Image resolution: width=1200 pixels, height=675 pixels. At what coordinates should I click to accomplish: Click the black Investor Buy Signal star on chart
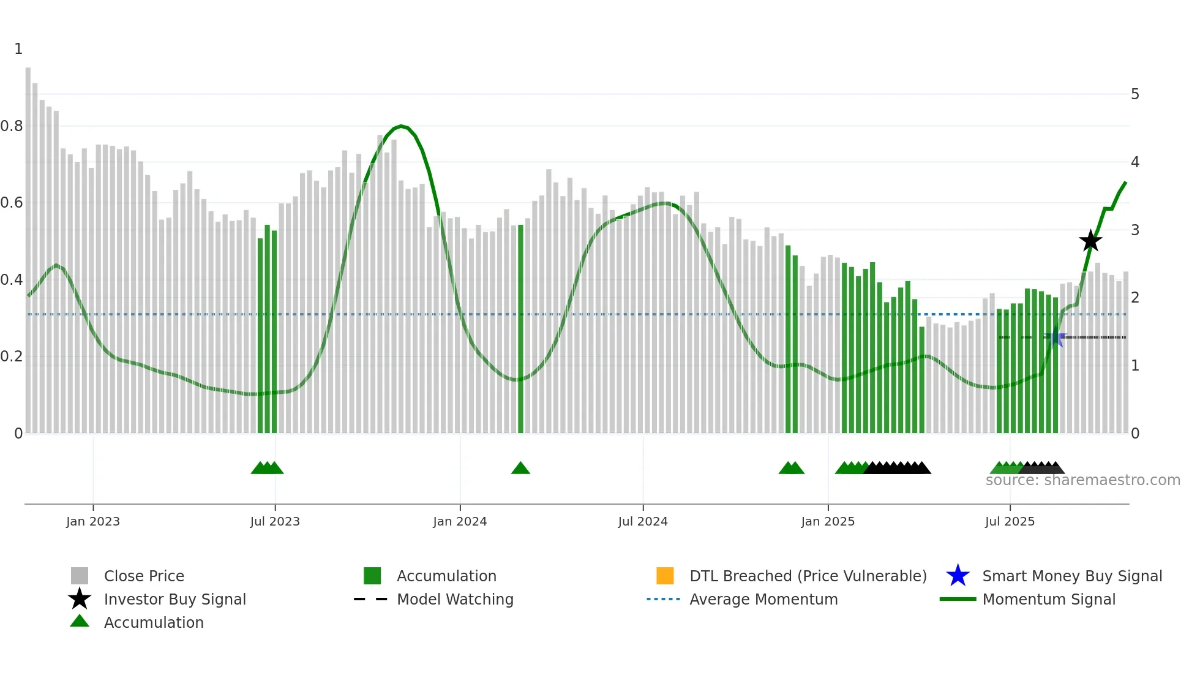1090,241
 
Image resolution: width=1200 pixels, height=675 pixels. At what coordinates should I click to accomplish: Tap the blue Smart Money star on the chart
1055,338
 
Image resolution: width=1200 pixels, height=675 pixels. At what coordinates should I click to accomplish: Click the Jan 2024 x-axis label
460,521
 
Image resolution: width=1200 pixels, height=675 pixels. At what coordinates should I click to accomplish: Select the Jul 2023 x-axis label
275,521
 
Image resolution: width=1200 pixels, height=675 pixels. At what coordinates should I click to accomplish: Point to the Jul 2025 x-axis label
1010,521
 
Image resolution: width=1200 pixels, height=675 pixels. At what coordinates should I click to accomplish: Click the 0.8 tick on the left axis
12,126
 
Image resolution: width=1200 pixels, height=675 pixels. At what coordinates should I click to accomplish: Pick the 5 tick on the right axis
1135,94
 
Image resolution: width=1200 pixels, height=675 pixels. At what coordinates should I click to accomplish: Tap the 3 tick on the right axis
1135,230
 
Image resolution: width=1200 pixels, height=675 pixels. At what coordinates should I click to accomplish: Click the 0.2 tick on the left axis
12,356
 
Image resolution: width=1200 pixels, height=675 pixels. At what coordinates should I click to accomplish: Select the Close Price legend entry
144,576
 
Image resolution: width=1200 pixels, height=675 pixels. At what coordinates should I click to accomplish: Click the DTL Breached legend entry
808,576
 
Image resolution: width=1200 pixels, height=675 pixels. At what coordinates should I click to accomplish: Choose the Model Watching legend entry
454,599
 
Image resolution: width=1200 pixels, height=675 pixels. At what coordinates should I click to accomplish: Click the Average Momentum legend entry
763,599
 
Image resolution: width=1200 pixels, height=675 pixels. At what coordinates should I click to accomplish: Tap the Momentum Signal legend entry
1048,599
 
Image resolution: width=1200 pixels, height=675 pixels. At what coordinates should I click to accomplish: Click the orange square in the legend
665,576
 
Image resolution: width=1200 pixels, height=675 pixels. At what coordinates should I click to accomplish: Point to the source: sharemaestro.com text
1082,480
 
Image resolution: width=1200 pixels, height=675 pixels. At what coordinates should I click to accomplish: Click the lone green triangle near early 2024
520,469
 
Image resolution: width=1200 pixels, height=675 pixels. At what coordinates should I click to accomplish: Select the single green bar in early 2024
520,331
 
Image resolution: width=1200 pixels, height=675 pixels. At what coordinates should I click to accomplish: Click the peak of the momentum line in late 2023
401,126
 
